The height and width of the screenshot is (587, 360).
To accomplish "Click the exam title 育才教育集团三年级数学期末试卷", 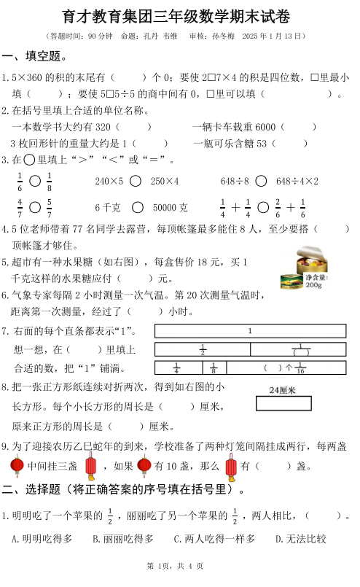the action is click(x=180, y=16).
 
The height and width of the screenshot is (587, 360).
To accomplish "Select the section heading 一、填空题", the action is click(x=35, y=56).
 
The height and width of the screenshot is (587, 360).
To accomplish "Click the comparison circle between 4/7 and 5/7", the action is click(x=35, y=208).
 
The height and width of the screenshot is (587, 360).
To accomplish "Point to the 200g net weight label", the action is click(x=315, y=281).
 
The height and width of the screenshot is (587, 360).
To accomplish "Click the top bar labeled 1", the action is click(x=250, y=331).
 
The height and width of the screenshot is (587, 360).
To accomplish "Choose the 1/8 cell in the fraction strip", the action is click(x=213, y=368).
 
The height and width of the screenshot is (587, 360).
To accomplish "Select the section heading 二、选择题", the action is click(x=122, y=488).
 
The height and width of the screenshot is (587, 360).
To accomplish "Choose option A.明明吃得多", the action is click(x=42, y=539).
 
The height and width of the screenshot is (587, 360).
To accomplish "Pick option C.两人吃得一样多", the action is click(x=214, y=539).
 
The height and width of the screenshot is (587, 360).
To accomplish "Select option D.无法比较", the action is click(x=301, y=539).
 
